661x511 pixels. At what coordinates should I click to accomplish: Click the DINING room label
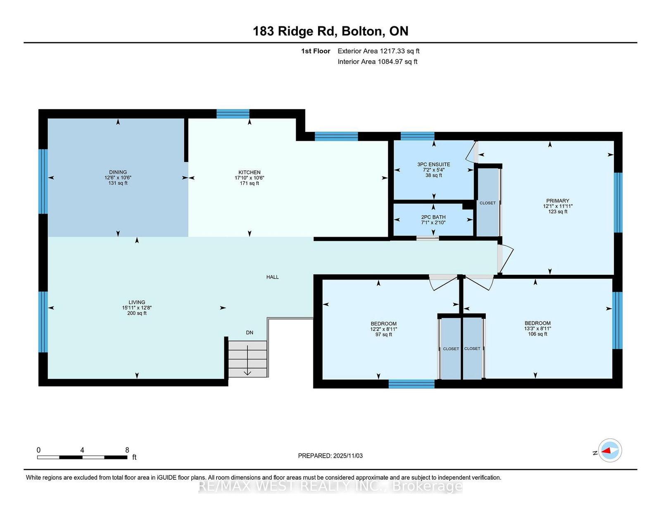click(118, 172)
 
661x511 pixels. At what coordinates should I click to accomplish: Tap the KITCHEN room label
click(250, 172)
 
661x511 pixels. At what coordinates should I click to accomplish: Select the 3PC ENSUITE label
click(433, 164)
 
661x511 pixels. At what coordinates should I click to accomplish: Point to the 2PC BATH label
click(433, 217)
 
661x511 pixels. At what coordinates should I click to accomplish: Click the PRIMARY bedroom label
click(558, 201)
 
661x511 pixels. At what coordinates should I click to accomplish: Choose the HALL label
click(273, 277)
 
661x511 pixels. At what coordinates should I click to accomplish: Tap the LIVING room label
click(137, 302)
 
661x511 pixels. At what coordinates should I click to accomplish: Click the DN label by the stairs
click(250, 333)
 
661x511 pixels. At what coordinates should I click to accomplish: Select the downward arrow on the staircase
click(247, 360)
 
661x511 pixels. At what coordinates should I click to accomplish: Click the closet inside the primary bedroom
click(487, 202)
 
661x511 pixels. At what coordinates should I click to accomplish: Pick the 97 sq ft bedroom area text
click(383, 335)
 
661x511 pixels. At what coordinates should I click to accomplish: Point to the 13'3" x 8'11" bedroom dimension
click(537, 328)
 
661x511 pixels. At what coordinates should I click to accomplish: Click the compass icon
click(610, 450)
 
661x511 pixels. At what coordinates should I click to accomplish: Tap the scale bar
click(82, 457)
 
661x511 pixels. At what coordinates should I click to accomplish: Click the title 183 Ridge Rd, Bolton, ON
click(330, 31)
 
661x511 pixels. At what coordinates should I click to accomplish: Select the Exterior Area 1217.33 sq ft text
click(378, 51)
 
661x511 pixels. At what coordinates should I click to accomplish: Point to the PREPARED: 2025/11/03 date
click(330, 456)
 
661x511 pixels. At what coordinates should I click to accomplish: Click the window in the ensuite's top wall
click(417, 136)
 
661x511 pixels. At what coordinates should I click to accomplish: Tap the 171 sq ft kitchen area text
click(250, 183)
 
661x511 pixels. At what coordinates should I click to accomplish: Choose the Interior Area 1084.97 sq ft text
click(378, 62)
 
